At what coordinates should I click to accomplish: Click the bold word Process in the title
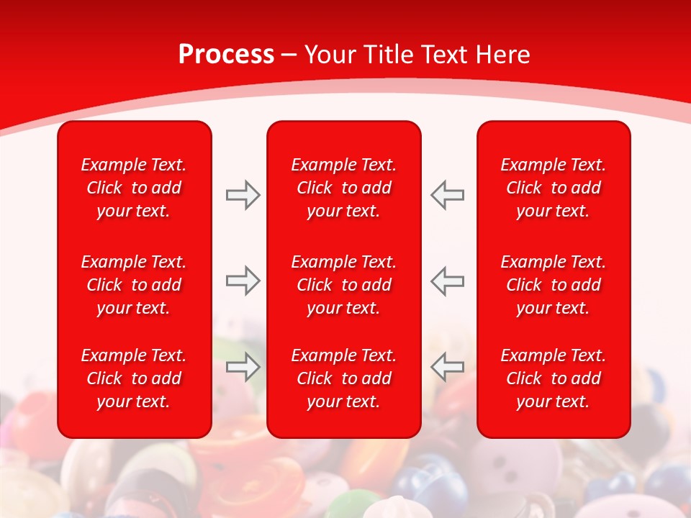[x=226, y=55]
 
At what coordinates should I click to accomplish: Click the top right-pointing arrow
[x=243, y=195]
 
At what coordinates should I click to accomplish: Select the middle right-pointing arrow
[x=243, y=281]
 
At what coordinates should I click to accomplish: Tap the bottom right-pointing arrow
[x=243, y=367]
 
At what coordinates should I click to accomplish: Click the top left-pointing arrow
[x=447, y=195]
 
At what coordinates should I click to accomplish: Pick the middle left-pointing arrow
[x=447, y=281]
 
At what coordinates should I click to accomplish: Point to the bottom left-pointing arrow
[x=447, y=367]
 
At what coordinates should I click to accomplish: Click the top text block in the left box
[x=134, y=188]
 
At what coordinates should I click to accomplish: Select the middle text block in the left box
[x=134, y=285]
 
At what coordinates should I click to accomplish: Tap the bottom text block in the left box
[x=134, y=378]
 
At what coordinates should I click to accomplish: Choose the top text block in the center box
[x=344, y=188]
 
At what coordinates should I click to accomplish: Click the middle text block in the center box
[x=344, y=285]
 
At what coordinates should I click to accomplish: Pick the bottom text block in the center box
[x=344, y=378]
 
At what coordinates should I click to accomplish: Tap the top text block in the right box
[x=554, y=188]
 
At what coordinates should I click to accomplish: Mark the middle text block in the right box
[x=554, y=285]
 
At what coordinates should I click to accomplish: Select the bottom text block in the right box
[x=554, y=378]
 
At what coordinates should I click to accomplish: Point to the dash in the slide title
[x=289, y=55]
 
